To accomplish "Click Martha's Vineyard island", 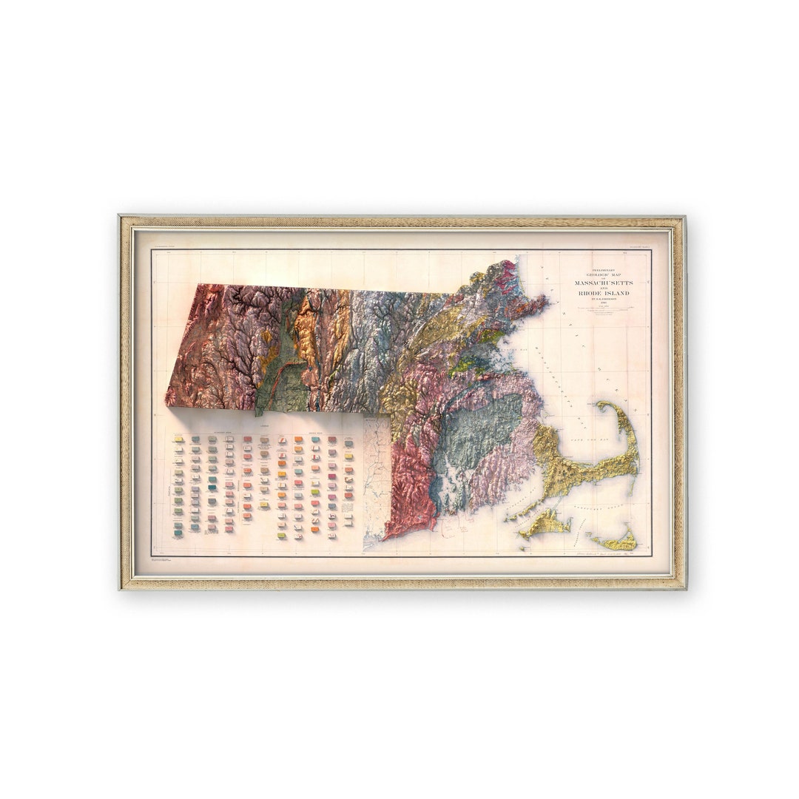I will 545,525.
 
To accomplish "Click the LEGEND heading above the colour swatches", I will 263,428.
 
